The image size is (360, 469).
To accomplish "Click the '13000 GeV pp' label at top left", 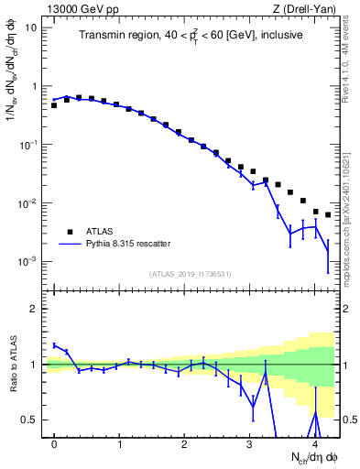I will [x=78, y=8].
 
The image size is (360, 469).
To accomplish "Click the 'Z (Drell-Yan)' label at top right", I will [x=309, y=8].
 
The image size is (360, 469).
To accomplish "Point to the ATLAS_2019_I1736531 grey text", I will [x=191, y=274].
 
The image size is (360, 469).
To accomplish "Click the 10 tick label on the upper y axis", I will [x=32, y=27].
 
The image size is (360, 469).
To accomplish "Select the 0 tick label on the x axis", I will [x=54, y=444].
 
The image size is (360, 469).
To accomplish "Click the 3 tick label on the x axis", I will [x=250, y=444].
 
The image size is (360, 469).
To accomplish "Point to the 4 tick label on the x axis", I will [x=315, y=444].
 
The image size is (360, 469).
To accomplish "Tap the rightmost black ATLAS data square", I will [x=328, y=215].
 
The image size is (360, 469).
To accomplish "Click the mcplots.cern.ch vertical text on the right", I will [x=351, y=220].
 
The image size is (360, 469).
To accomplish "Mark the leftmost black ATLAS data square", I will [x=54, y=105].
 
